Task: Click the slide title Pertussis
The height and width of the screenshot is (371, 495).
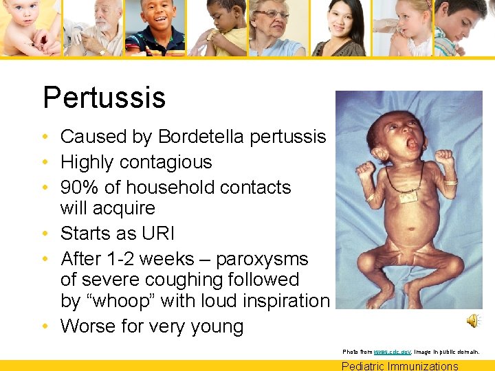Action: pos(104,98)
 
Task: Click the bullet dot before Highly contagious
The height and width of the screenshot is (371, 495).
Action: pos(51,163)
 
